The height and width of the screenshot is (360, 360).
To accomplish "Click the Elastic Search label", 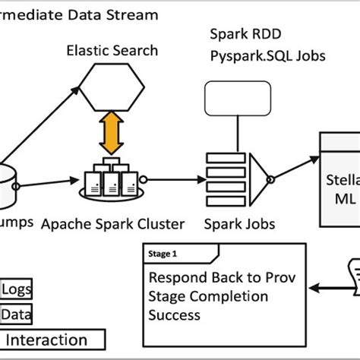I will coord(112,52).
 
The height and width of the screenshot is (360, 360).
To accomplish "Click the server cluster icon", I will coord(113,177).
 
